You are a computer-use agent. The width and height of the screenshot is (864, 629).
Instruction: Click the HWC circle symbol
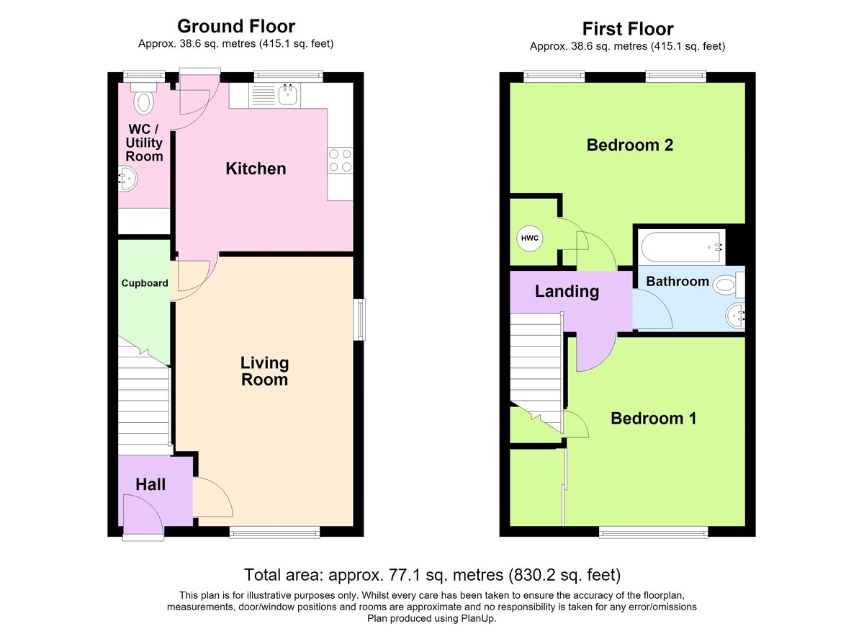(530, 238)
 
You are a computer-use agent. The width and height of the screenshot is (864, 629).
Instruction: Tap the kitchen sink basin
(288, 94)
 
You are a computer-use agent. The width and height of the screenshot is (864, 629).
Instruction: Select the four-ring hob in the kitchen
(340, 161)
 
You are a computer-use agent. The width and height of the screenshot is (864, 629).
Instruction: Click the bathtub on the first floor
(681, 247)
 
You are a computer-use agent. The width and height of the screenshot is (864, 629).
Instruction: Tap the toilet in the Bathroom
(729, 285)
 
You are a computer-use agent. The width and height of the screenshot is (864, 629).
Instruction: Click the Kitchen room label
(256, 169)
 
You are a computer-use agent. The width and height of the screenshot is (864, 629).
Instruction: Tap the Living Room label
(265, 371)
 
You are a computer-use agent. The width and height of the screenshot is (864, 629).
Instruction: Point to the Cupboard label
(145, 283)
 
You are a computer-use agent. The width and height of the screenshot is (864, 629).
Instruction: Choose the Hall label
(150, 485)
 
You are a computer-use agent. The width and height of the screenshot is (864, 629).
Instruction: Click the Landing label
(567, 292)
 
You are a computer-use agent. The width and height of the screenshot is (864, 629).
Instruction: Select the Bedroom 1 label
(654, 419)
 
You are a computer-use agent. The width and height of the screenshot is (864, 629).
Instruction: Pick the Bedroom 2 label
(630, 145)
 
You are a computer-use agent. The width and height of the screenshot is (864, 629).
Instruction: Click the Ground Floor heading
(236, 27)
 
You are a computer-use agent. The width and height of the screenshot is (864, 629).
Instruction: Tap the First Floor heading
(628, 29)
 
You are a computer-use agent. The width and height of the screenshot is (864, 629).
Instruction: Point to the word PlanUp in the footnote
(478, 619)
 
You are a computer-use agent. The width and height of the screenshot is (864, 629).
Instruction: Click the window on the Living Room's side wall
(359, 319)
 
